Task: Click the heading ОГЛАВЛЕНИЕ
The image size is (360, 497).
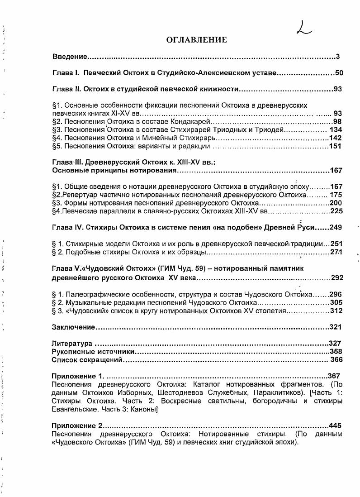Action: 197,40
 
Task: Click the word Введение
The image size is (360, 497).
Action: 69,57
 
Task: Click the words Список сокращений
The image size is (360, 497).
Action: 87,360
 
